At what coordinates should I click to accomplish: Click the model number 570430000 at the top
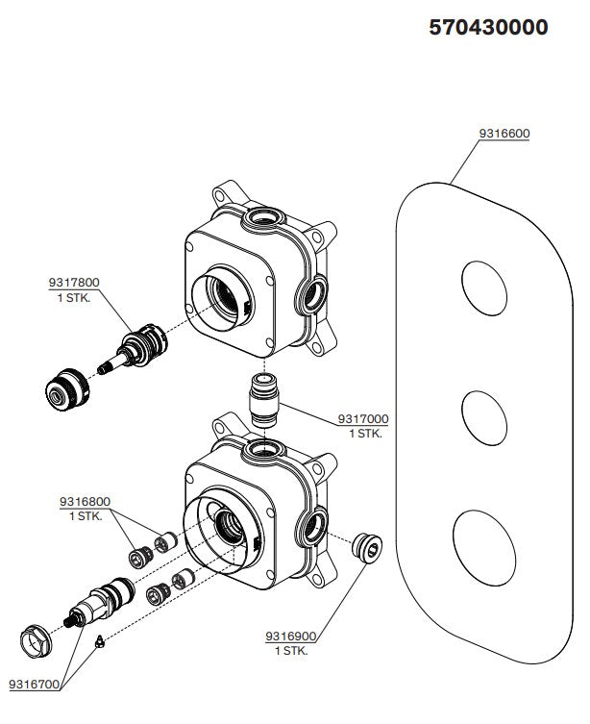488,28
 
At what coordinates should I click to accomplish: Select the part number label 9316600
504,134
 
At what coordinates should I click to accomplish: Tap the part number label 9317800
74,282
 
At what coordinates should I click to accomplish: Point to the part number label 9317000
362,419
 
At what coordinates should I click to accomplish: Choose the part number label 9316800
85,501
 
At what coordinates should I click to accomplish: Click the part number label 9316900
290,637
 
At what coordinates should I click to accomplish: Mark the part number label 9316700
34,685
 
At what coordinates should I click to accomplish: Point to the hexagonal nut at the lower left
39,638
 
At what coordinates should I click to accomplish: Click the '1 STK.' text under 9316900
290,651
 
